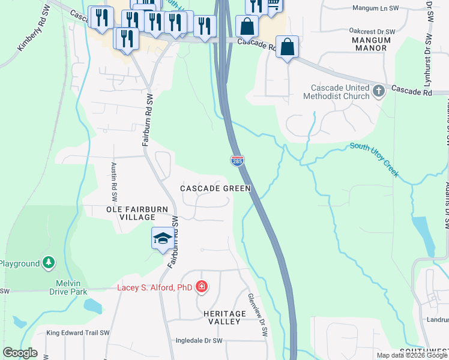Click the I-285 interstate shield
tap(237, 160)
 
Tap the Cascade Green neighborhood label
tap(215, 188)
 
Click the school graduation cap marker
tap(163, 238)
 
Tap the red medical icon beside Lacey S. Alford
tap(202, 287)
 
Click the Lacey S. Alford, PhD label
tap(154, 288)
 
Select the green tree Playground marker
tap(49, 263)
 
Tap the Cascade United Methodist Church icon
tap(378, 91)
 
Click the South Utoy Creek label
tap(375, 160)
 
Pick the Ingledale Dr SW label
tap(199, 341)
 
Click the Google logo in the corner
tap(20, 353)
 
